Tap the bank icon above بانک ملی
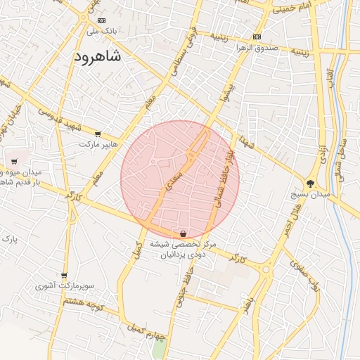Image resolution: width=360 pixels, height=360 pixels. point(102,21)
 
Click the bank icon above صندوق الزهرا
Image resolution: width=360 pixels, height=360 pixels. point(257,37)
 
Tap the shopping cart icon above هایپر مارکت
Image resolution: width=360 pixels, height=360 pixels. point(97,134)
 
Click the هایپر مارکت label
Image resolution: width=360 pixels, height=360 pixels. point(96,144)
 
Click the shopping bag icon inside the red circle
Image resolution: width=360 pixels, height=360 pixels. point(183,233)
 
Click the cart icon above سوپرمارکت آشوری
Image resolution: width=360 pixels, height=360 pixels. point(65,276)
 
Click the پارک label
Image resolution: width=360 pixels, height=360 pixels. point(9,240)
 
